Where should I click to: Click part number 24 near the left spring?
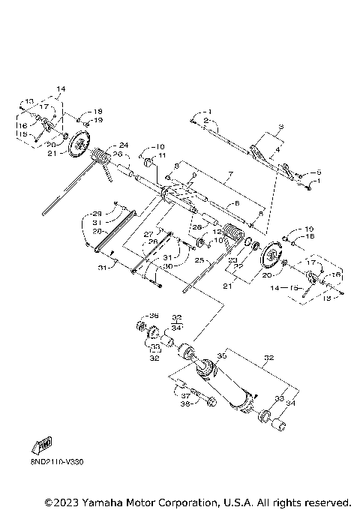point(124,145)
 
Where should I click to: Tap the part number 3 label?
point(280,126)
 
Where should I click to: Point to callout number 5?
point(319,172)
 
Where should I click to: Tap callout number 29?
point(97,213)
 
